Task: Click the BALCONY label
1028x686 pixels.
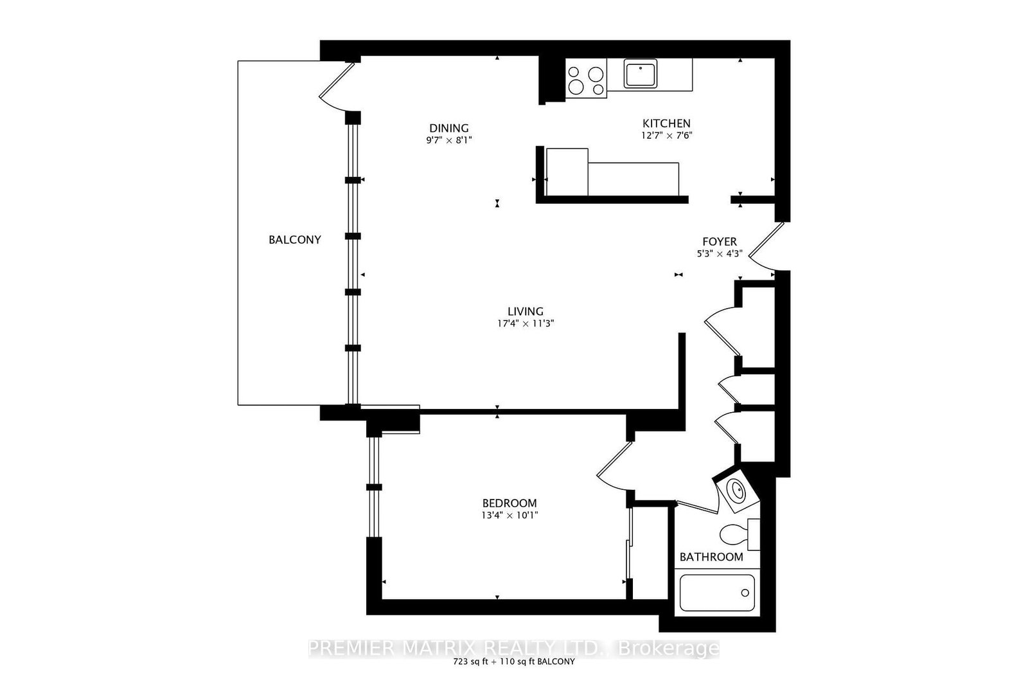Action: [295, 240]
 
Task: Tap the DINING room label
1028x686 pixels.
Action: [449, 128]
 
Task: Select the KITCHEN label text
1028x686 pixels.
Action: [666, 123]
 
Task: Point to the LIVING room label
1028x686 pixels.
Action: [526, 311]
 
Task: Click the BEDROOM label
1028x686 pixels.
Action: [510, 503]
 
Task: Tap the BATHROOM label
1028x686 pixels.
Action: [711, 557]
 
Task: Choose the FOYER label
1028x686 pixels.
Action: [720, 242]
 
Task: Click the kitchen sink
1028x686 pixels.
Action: [641, 73]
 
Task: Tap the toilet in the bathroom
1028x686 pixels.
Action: [740, 534]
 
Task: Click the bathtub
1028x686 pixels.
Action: [717, 592]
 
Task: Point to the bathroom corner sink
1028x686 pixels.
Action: [736, 491]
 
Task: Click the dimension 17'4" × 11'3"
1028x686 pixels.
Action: [526, 323]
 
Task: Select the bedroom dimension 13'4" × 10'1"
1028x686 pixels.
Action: [510, 515]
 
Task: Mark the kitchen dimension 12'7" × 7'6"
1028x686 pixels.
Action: [666, 136]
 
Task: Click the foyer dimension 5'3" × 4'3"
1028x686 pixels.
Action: [720, 253]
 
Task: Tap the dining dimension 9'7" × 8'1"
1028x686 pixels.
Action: [449, 140]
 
